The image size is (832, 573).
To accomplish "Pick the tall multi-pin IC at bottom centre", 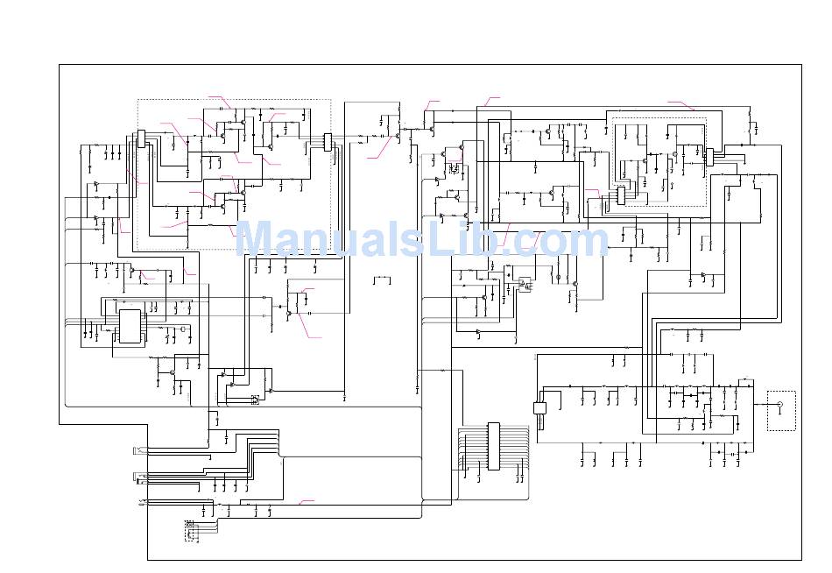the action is point(494,447).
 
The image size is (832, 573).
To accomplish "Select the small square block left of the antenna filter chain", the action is point(539,407).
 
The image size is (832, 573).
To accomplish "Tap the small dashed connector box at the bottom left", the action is point(189,529).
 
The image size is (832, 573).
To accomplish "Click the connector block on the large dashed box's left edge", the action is point(140,138).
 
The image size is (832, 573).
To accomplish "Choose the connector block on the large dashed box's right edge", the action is point(328,141).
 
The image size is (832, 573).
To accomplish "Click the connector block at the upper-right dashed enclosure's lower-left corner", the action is point(621,195).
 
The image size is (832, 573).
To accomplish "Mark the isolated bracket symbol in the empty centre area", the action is point(382,280).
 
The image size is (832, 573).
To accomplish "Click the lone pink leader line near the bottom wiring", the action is point(307,501).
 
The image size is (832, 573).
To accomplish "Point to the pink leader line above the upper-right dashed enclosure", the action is point(680,105).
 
